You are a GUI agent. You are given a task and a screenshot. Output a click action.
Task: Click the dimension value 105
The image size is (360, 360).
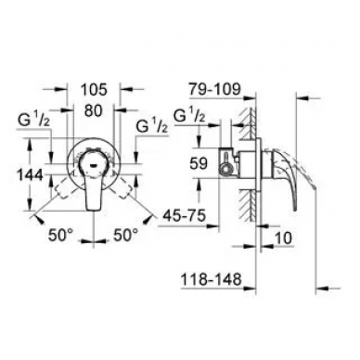(94, 90)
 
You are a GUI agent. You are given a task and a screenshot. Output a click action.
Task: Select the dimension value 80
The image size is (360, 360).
(93, 110)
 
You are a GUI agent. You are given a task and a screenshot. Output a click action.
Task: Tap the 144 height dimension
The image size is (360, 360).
(29, 175)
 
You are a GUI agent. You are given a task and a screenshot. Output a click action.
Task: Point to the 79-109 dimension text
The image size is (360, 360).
(214, 89)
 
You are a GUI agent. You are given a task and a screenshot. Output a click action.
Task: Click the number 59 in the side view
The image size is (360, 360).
(199, 163)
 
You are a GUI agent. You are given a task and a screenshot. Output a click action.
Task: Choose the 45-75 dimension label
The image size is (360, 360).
(183, 215)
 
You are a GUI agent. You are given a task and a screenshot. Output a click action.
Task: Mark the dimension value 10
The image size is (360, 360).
(283, 238)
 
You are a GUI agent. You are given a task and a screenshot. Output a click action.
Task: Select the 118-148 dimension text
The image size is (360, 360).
(211, 279)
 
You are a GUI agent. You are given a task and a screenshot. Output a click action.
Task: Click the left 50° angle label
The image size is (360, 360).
(60, 236)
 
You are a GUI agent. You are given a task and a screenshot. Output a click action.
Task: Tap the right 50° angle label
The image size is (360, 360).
(125, 236)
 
